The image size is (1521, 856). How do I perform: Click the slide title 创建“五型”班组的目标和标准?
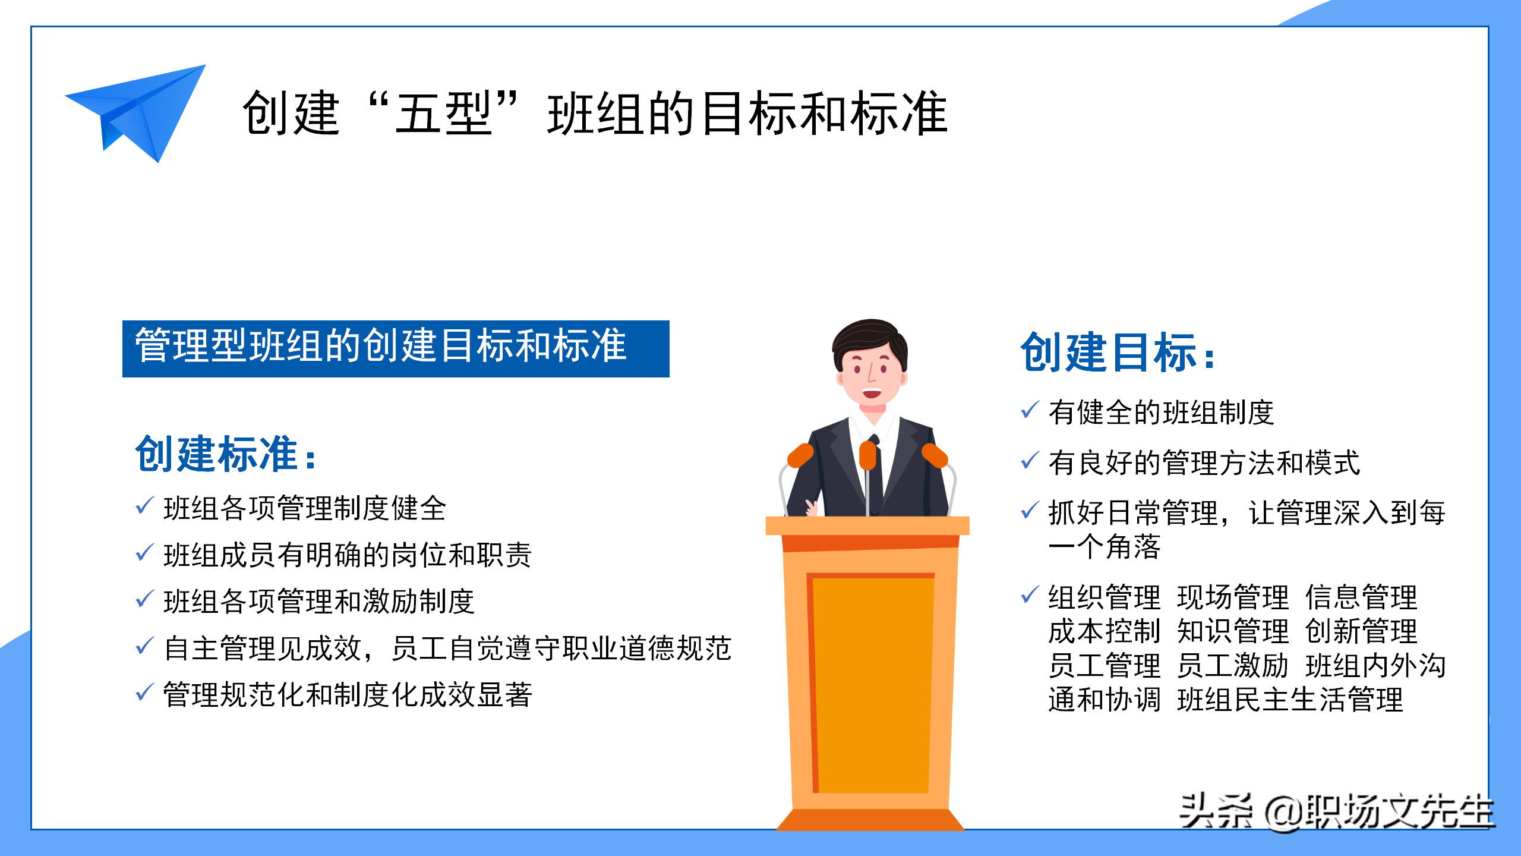tap(595, 113)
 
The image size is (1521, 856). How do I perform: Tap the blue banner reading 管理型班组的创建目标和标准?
tap(396, 348)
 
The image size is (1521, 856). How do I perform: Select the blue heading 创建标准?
tap(226, 454)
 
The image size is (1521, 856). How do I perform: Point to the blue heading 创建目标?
tap(1118, 353)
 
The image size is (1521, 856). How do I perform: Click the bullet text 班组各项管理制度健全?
tap(305, 509)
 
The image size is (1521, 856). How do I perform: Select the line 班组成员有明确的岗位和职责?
tap(348, 555)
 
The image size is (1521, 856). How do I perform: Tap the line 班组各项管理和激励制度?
tap(319, 602)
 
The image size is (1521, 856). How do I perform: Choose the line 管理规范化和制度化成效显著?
tap(348, 695)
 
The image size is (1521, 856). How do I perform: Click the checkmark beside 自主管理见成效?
tap(145, 646)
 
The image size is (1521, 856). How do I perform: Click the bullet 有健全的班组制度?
tap(1162, 413)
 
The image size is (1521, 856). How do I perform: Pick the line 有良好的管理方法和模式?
tap(1204, 463)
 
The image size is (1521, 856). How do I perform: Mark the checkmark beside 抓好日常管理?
tap(1030, 510)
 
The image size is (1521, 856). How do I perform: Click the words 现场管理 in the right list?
tap(1233, 597)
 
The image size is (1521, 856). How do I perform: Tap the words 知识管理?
tap(1233, 631)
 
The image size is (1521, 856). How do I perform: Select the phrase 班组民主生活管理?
tap(1290, 700)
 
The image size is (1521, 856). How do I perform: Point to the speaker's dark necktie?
tap(875, 470)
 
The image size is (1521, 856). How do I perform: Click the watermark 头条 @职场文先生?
tap(1336, 811)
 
